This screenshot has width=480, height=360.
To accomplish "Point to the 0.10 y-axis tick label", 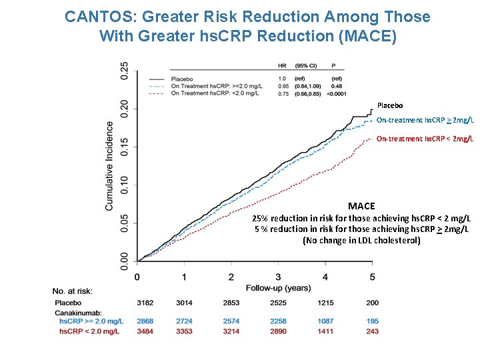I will point(125,185).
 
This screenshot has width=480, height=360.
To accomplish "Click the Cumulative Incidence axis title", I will point(109,165).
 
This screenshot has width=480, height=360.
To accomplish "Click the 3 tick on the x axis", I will point(278,277).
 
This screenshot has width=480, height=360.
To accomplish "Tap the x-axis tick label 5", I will point(372,277).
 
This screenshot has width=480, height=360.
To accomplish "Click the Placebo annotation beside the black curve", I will point(390,105).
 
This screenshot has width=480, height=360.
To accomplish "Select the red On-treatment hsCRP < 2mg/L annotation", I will point(425,139).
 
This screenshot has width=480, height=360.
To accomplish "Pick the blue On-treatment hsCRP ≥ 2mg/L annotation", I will point(425,120).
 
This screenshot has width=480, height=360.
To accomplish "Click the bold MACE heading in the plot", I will point(361,206).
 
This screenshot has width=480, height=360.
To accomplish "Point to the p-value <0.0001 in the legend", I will point(331,93).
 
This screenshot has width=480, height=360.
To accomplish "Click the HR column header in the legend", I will point(282,66).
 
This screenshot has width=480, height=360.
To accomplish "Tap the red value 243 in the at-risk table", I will point(372,331).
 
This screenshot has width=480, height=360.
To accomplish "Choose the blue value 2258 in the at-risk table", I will point(278,321).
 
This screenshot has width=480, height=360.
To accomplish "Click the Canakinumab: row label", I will point(77,312).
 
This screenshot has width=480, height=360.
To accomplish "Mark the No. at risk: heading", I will point(73,291).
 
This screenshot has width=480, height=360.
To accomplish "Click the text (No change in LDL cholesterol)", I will point(361,240).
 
